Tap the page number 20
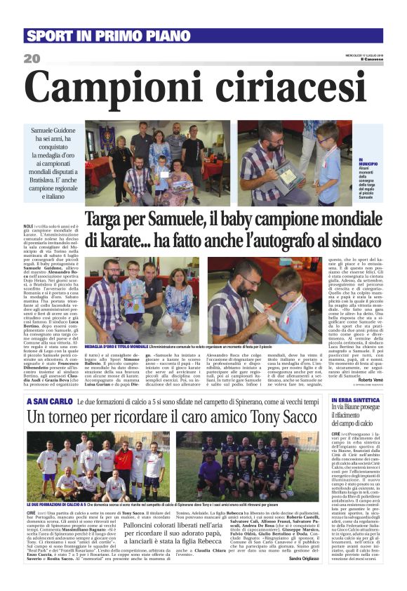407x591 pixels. [x=32, y=59]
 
